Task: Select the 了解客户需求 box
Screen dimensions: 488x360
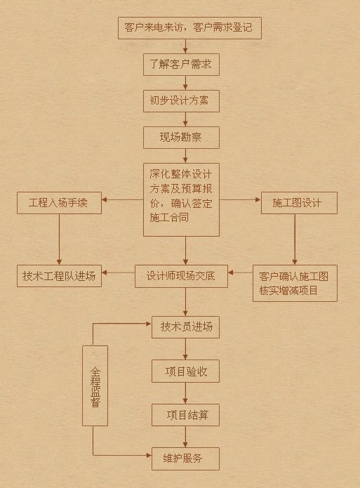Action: (181, 65)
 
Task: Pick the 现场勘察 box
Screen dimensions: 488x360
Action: (180, 137)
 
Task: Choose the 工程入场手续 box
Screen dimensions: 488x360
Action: (59, 203)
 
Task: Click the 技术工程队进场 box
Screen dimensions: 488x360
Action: (59, 275)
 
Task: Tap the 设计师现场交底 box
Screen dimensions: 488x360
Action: (186, 275)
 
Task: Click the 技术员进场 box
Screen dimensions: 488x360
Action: (186, 327)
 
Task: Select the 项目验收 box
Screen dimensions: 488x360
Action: (186, 371)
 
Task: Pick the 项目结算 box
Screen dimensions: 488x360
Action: (186, 414)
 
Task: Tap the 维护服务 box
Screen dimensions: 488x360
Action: (186, 459)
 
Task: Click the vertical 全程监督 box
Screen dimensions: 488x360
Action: (95, 385)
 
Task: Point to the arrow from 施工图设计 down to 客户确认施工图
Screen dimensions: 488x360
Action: (295, 238)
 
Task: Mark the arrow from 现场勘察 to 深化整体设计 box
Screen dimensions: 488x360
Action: (186, 156)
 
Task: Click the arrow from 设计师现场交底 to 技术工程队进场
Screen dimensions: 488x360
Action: (118, 275)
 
